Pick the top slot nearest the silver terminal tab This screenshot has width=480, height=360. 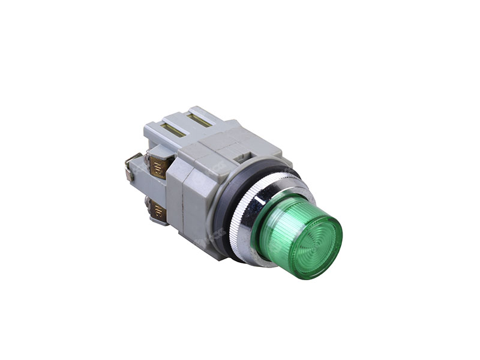(x=172, y=127)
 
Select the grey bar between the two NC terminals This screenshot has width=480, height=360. (x=154, y=188)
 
